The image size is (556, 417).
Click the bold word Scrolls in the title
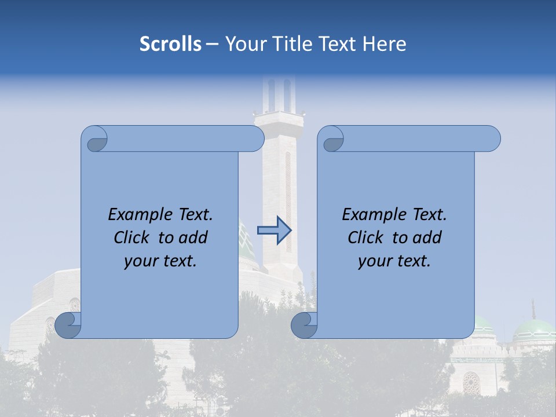[170, 44]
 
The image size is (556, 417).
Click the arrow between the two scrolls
[274, 231]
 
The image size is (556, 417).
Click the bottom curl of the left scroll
[68, 325]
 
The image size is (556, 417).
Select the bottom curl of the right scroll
[305, 325]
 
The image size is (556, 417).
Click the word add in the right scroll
[427, 238]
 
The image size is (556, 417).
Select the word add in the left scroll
[193, 238]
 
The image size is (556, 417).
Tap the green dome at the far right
[533, 331]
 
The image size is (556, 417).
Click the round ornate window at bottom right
[471, 382]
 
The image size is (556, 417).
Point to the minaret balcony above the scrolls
[279, 119]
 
